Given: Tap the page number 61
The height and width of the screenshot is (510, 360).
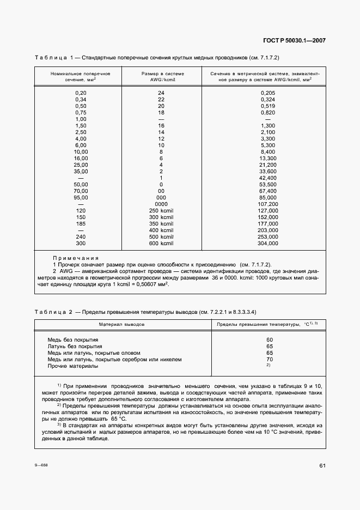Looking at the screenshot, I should pos(322,465).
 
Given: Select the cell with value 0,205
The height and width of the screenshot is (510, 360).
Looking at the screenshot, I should pos(268,93).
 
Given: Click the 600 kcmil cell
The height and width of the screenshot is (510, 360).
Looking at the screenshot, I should pos(161,244).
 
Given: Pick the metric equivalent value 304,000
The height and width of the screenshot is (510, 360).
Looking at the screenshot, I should pos(268,244).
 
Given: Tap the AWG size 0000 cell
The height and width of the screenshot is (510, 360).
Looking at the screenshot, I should pos(161,204).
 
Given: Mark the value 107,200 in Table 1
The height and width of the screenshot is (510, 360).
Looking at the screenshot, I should pos(268,204).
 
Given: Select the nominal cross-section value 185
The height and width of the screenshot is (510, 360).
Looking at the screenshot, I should pos(81,223).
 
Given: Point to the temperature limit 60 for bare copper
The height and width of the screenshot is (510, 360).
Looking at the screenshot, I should pos(269,339).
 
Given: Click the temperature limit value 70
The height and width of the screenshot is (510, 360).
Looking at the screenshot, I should pos(269,360).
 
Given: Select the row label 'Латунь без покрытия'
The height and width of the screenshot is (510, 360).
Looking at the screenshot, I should pos(75,346).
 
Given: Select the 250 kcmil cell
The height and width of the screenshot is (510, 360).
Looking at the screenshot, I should pos(161,210).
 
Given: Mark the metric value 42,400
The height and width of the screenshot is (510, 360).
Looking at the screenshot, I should pos(268,178).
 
